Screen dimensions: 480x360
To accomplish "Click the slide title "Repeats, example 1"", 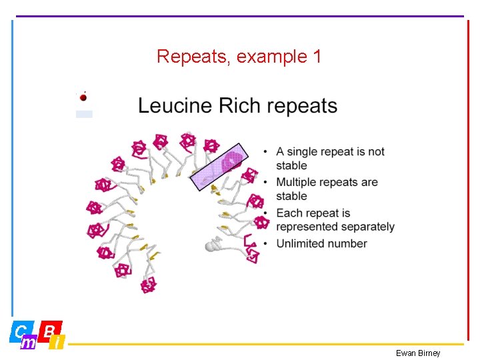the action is [x=239, y=57].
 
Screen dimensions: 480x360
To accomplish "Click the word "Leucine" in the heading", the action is [x=175, y=106].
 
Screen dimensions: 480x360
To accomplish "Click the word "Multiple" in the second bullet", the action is [x=298, y=182].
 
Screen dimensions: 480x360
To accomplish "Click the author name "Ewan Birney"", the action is [x=418, y=353].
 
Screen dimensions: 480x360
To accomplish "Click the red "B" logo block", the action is [x=51, y=329].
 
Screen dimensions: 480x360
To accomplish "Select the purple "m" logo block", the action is [x=29, y=343].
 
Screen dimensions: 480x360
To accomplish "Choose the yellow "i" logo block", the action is [x=58, y=343].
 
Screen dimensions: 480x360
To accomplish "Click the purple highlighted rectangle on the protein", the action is [x=219, y=167].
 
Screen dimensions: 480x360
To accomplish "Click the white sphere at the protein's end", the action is [x=211, y=247].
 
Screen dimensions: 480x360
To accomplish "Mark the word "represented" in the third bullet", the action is [x=310, y=227].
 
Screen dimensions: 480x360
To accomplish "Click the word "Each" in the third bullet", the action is [x=289, y=213].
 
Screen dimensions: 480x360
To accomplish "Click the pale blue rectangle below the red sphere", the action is [x=84, y=114].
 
